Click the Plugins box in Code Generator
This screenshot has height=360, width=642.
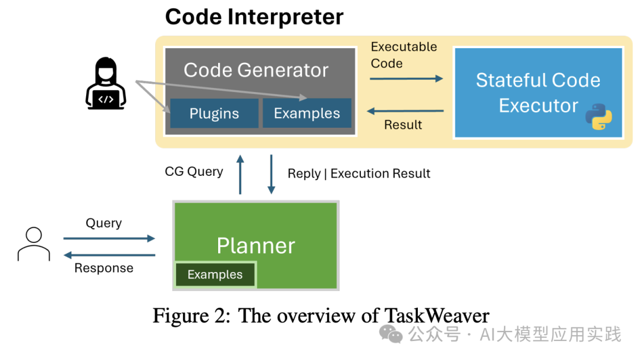click(214, 113)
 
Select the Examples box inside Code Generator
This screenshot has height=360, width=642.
click(307, 113)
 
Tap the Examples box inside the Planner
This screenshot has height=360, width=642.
click(215, 274)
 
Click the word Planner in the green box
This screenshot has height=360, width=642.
click(256, 245)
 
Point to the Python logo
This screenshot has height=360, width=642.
click(599, 116)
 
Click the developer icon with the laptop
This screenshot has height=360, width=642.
click(106, 83)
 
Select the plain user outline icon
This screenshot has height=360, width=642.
click(33, 244)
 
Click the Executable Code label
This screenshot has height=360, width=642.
click(404, 55)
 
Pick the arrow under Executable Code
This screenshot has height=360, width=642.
click(406, 78)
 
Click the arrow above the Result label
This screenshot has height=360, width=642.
click(405, 111)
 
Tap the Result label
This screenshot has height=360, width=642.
click(403, 125)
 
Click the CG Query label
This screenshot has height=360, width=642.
click(194, 172)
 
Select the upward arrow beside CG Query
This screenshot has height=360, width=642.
click(240, 175)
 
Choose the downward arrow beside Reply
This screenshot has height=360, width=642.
click(271, 174)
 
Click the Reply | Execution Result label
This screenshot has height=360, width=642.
click(358, 173)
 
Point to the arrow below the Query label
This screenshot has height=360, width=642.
click(109, 238)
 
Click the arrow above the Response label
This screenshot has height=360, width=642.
click(109, 255)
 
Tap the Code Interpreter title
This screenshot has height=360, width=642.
click(254, 17)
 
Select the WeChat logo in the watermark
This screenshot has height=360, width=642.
click(391, 334)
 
